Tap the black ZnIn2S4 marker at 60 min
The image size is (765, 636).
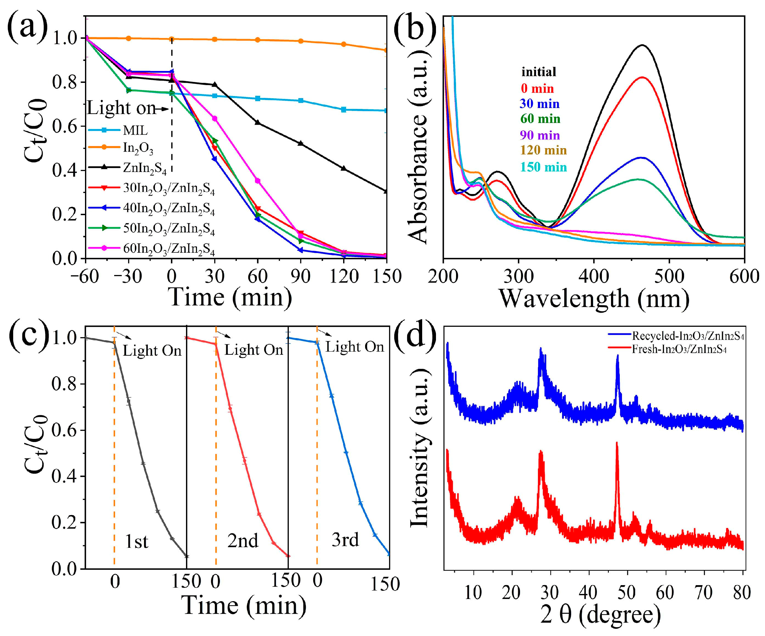pyautogui.click(x=258, y=122)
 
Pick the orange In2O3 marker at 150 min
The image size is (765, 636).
pyautogui.click(x=386, y=50)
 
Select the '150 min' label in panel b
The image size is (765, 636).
pyautogui.click(x=543, y=167)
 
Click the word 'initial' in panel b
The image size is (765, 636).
pyautogui.click(x=539, y=72)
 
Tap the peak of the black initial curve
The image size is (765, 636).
pyautogui.click(x=642, y=45)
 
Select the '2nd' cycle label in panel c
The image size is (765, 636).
pyautogui.click(x=243, y=541)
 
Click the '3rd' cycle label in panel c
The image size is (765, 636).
pyautogui.click(x=345, y=540)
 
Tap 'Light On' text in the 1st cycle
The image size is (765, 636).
pyautogui.click(x=152, y=351)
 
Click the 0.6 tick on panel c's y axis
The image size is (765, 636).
pyautogui.click(x=62, y=430)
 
